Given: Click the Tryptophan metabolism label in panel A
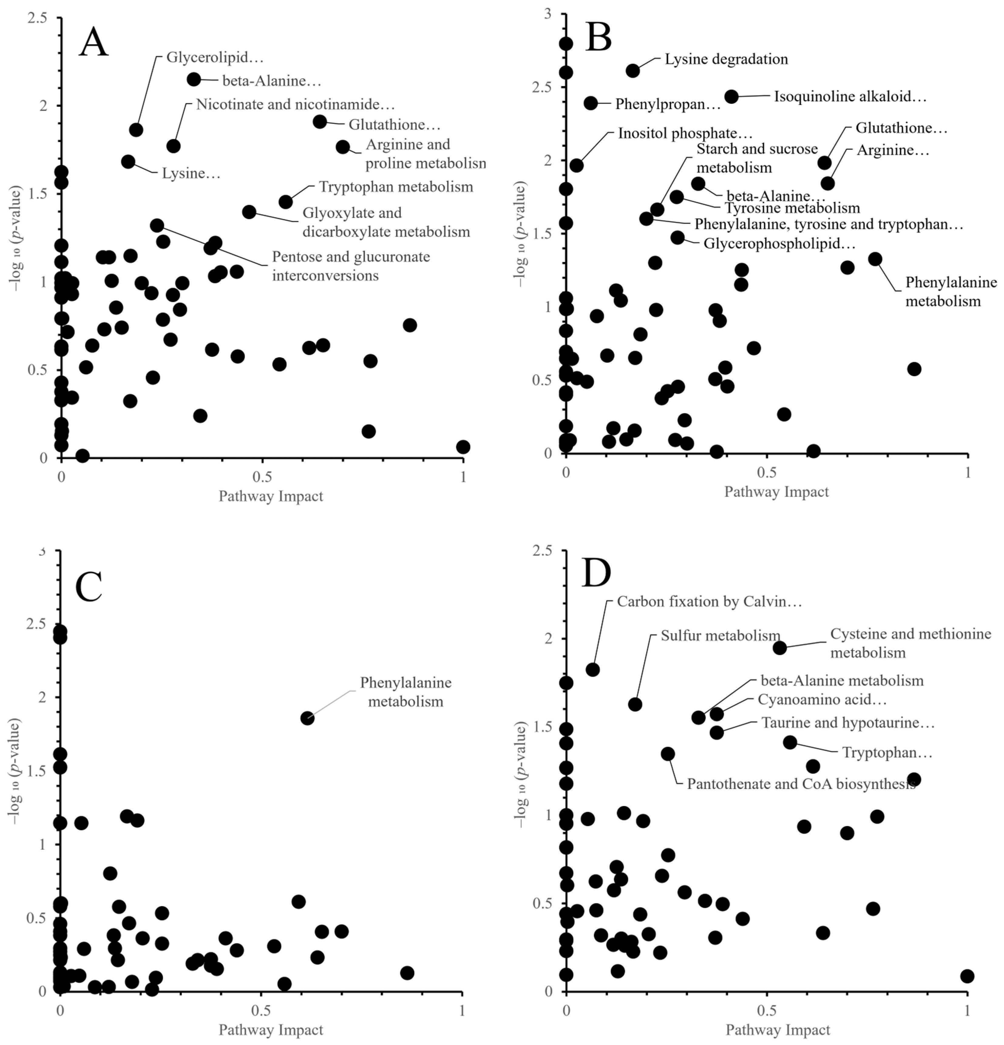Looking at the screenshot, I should coord(396,187).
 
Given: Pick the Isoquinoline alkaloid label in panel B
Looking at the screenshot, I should coord(850,97).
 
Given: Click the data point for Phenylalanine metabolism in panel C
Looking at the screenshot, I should coord(307,718).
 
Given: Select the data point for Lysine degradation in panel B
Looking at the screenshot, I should coord(633,70).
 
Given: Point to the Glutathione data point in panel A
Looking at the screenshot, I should coord(320,122).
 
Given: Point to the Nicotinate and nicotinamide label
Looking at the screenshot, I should coord(295,104).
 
